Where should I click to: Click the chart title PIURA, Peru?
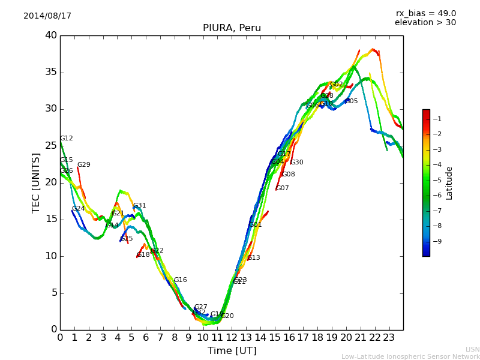[x=232, y=28]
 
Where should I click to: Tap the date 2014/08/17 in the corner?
[x=47, y=16]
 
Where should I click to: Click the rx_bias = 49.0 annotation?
[x=425, y=14]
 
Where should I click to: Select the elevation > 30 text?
[x=425, y=23]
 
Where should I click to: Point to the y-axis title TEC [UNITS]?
[x=36, y=182]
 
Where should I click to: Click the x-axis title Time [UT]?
[x=232, y=351]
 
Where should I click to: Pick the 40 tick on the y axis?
[x=51, y=35]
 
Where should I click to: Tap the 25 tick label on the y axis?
[x=51, y=146]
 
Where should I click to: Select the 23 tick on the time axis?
[x=389, y=337]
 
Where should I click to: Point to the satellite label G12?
[x=67, y=139]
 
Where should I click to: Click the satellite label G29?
[x=84, y=165]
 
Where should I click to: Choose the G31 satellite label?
[x=140, y=206]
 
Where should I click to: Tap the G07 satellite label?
[x=283, y=188]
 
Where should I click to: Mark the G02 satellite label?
[x=337, y=85]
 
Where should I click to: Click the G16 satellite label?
[x=181, y=280]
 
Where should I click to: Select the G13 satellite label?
[x=254, y=258]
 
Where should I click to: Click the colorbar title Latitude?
[x=449, y=182]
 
